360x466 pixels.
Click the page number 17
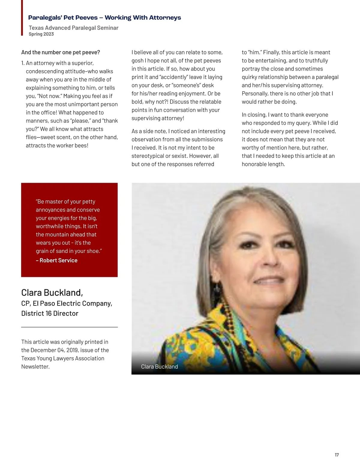337,455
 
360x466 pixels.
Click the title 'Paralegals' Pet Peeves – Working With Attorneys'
104,18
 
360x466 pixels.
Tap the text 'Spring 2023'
41,34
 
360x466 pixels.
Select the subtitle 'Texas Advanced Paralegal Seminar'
73,28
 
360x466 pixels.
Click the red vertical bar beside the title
22,18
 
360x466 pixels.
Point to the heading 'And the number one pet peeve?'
61,53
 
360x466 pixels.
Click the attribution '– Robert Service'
57,260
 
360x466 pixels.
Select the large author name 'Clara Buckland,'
52,293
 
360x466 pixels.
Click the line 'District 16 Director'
50,314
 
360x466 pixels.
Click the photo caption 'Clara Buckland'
159,367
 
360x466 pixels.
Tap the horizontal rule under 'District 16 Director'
69,327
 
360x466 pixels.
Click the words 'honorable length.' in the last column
263,164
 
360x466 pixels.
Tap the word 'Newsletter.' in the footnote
35,367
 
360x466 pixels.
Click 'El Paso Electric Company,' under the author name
72,304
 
